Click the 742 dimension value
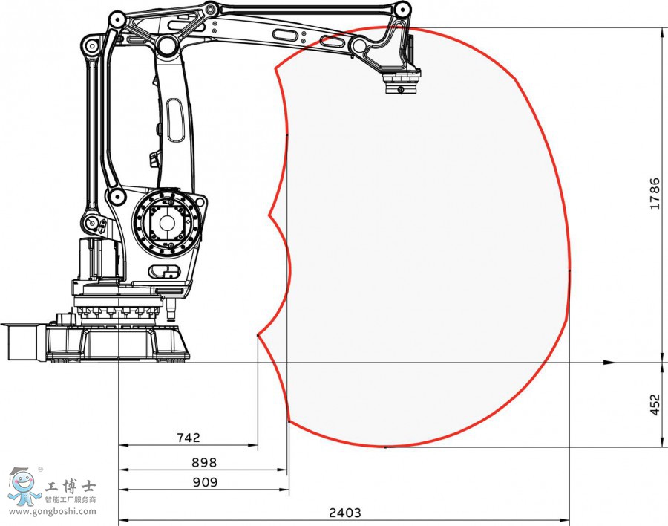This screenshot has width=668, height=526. pyautogui.click(x=189, y=438)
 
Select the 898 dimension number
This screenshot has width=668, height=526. pyautogui.click(x=204, y=462)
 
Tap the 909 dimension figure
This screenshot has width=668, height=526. pyautogui.click(x=205, y=482)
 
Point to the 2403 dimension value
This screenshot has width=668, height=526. pyautogui.click(x=344, y=513)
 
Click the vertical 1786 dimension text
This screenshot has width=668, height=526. pyautogui.click(x=655, y=193)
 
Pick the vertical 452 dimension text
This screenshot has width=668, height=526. pyautogui.click(x=655, y=404)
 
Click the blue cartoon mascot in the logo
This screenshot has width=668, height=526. pyautogui.click(x=24, y=487)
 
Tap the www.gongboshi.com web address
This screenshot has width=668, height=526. pyautogui.click(x=53, y=511)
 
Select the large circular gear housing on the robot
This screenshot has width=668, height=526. pyautogui.click(x=166, y=223)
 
